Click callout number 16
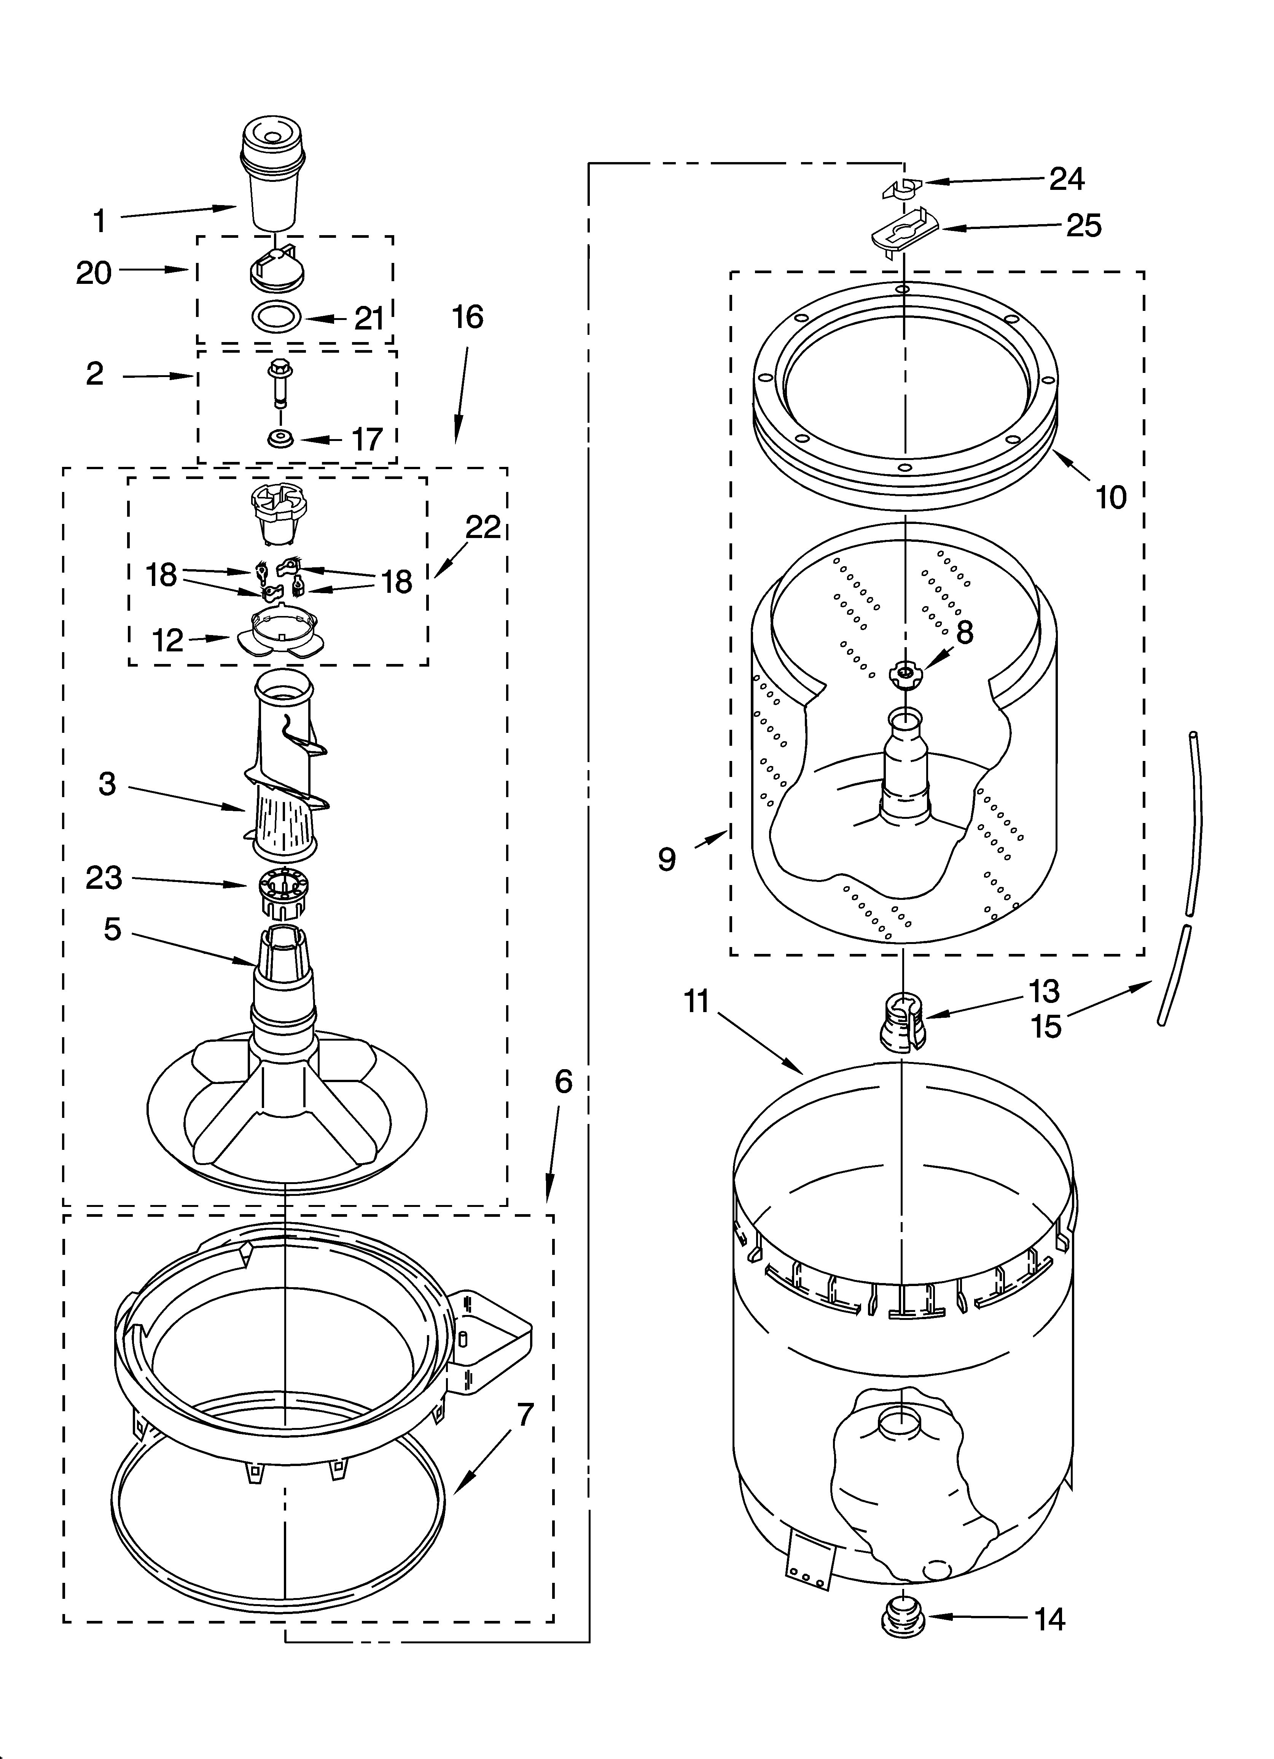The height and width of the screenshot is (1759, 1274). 468,317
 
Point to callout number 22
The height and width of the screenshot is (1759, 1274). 483,527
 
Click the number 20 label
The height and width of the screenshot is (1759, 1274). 94,273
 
